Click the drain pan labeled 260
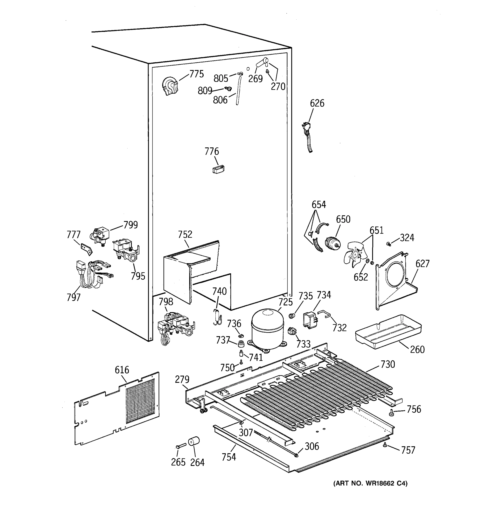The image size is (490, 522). click(387, 331)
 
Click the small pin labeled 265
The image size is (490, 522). click(181, 446)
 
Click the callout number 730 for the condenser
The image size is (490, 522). click(388, 365)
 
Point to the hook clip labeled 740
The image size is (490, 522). click(217, 317)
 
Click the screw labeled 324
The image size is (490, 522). click(388, 244)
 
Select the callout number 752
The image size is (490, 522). click(185, 234)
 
